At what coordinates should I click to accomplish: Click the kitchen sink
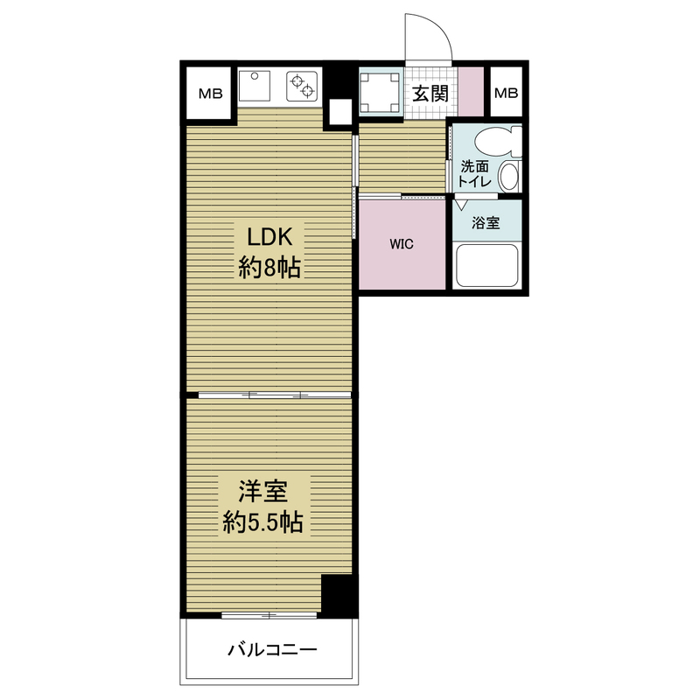255,85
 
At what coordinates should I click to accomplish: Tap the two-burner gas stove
302,86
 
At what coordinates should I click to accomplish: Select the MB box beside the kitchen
210,94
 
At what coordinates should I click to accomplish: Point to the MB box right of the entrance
507,93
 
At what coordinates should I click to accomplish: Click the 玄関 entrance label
430,94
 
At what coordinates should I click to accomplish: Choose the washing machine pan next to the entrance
380,93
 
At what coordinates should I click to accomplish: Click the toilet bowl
498,143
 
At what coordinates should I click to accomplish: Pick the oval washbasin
509,176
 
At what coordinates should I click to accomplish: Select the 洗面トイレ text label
474,174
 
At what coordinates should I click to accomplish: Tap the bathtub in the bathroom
487,266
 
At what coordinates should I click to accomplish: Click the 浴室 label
486,222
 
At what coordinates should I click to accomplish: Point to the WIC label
402,244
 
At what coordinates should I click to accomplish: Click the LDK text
269,237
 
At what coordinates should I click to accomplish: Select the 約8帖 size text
269,268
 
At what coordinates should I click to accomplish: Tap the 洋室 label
263,491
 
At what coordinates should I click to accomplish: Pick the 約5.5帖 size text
263,521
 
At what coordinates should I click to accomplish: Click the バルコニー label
272,649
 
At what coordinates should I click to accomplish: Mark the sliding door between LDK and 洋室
275,395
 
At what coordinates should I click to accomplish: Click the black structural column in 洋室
339,596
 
